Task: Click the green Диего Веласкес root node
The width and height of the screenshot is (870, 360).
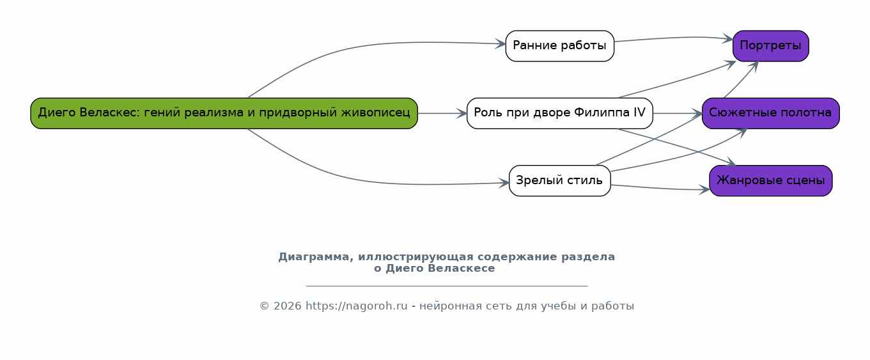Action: coord(224,113)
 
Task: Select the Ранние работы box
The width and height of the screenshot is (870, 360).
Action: coord(560,46)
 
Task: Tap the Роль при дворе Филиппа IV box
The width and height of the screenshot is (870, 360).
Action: coord(560,113)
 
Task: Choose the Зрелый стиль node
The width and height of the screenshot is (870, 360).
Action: coord(560,180)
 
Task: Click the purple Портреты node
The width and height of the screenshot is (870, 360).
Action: coord(770,46)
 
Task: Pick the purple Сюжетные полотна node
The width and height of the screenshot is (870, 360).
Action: coord(770,113)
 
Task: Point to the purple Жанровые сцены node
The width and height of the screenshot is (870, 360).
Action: coord(770,180)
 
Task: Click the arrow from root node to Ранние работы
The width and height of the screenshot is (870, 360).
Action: coord(361,45)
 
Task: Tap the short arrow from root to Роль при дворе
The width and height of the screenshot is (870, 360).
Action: coord(442,113)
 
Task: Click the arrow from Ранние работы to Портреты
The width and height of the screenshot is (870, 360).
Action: coord(674,38)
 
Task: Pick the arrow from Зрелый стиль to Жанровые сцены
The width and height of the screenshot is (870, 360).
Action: coord(660,189)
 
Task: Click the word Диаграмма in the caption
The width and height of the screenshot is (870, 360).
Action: coord(316,257)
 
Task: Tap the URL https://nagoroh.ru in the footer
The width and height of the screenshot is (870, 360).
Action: coord(357,306)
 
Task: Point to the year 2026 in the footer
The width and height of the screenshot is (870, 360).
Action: coord(288,306)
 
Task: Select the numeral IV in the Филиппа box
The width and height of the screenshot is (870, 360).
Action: coord(639,113)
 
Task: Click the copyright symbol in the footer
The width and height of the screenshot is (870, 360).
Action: coord(265,306)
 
